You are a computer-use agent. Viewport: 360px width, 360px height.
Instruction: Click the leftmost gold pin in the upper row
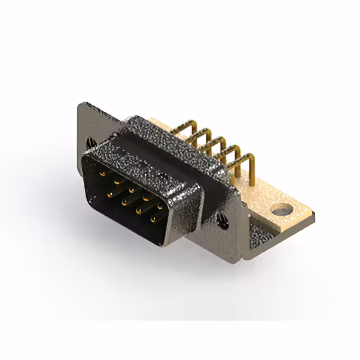point(102,174)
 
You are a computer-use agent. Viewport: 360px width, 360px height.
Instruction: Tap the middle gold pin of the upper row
point(130,190)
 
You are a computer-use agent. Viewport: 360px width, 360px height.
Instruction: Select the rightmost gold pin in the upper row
point(159,206)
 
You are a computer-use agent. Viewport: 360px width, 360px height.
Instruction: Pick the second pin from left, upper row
point(116,182)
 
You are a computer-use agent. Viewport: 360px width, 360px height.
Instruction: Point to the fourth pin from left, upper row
point(145,198)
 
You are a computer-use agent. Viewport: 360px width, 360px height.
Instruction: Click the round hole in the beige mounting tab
point(281,211)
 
